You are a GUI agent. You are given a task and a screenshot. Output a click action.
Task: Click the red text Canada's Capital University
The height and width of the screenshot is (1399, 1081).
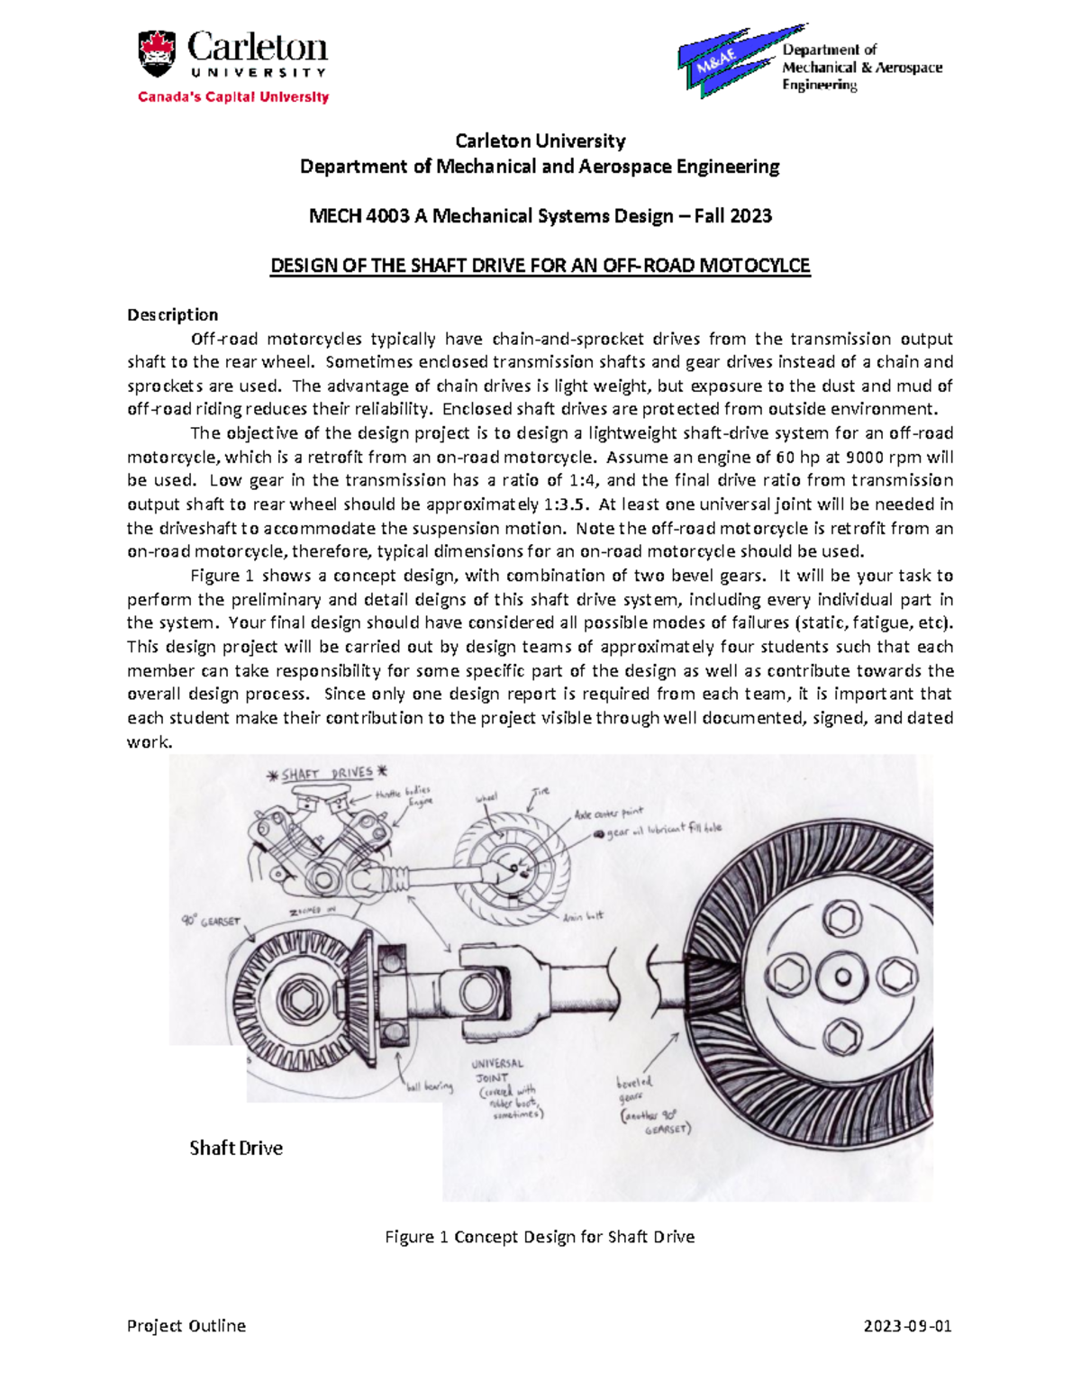coord(233,97)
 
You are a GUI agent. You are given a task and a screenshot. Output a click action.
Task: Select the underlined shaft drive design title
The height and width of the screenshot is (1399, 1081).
coord(540,266)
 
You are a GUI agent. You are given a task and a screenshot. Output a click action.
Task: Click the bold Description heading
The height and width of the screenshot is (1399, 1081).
coord(172,314)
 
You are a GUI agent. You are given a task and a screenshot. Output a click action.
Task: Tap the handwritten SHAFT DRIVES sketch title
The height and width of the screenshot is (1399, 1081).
coord(327,774)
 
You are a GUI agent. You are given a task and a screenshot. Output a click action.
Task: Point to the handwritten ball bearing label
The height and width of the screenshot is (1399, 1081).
coord(430,1087)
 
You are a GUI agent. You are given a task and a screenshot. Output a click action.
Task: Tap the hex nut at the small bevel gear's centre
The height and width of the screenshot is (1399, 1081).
coord(301,1001)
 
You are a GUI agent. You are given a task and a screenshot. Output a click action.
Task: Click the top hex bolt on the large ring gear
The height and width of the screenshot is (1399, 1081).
coord(842,920)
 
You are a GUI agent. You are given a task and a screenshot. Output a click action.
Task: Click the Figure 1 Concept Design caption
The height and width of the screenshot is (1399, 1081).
coord(540,1237)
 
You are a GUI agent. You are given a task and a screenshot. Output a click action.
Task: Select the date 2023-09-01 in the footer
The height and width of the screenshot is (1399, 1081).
coord(907,1326)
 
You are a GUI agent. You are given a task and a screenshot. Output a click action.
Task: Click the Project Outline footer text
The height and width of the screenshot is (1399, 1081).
coord(186,1326)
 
